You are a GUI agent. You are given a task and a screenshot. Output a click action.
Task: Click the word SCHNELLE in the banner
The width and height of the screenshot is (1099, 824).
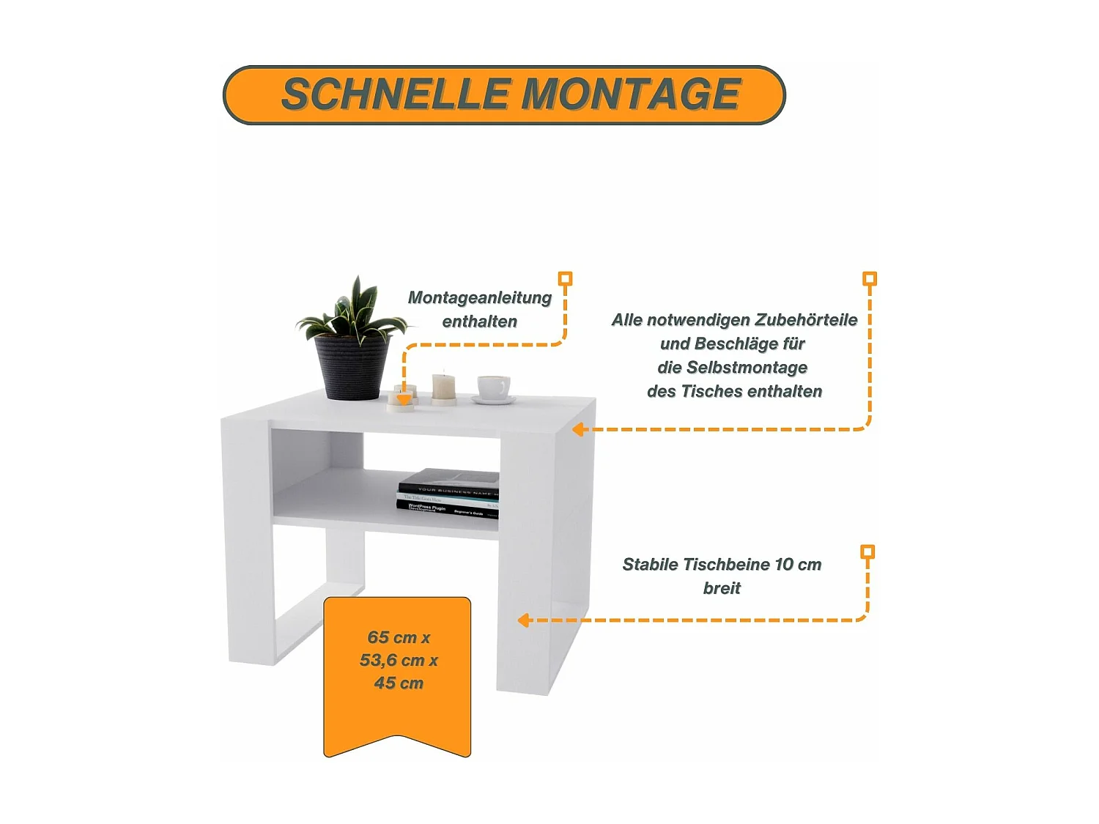click(396, 94)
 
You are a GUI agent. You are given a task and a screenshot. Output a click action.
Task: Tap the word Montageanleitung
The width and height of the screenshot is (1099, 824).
click(479, 297)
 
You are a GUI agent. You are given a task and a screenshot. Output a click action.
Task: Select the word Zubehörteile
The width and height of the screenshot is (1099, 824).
click(806, 319)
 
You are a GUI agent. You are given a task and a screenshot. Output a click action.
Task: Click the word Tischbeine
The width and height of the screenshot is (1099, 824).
click(726, 564)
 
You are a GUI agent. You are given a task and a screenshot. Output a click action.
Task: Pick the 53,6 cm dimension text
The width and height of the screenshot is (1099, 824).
click(393, 660)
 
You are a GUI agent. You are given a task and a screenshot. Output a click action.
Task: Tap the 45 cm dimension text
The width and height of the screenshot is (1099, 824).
click(399, 683)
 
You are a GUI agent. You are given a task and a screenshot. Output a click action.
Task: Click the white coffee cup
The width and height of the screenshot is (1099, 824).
click(493, 387)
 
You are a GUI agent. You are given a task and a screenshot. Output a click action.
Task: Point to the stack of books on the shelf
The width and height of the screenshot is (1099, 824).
click(448, 492)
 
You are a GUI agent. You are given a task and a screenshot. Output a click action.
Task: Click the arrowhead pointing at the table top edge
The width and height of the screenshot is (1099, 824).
click(577, 429)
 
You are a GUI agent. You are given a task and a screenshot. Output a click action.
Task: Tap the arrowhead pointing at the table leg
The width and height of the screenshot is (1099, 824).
click(523, 620)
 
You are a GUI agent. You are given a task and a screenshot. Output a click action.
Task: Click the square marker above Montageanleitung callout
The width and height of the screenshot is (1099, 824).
click(565, 278)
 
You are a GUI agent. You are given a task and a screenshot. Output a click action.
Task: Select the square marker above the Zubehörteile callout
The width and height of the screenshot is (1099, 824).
click(870, 278)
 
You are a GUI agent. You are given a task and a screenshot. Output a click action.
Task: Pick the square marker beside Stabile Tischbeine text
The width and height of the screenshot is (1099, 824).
click(867, 552)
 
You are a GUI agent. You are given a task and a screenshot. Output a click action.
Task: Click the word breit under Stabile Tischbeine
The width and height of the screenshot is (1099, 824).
click(722, 588)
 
